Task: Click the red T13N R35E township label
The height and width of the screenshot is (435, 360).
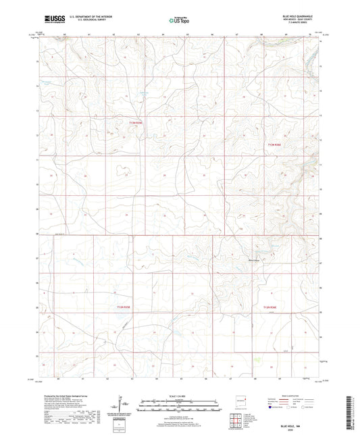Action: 137,122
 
